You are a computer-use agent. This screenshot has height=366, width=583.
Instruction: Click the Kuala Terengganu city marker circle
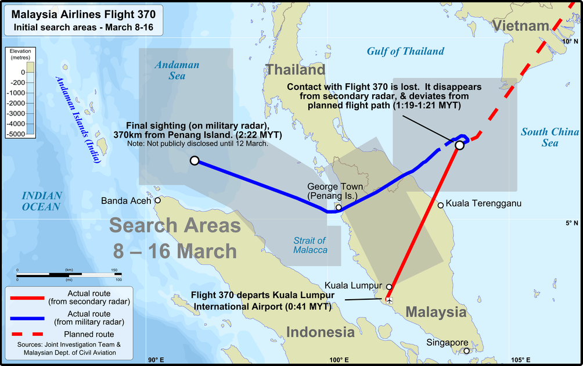pos(441,204)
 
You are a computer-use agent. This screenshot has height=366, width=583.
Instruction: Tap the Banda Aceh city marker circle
pos(157,200)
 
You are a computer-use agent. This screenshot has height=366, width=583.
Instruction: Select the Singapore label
pos(447,342)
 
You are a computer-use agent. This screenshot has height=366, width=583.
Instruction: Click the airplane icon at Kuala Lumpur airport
pos(389,300)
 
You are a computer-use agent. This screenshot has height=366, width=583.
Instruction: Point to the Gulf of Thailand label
pos(405,51)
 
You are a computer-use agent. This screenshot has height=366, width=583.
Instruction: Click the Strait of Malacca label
pos(310,245)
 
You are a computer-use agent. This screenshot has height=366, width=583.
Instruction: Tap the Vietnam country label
pos(521,26)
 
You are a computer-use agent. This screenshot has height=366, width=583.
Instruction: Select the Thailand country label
pos(296,70)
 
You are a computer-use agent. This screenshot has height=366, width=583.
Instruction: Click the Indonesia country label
pos(320,332)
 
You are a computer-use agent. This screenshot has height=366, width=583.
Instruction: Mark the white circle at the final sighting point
pos(195,160)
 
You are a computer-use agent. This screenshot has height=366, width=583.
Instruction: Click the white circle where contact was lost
pos(459,145)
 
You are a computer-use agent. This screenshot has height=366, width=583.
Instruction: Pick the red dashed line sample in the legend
pos(27,334)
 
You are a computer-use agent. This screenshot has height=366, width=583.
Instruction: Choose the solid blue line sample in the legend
pos(27,318)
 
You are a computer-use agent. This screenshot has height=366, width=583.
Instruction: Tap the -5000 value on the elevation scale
pos(16,134)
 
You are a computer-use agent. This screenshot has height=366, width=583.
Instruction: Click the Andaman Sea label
pos(177,70)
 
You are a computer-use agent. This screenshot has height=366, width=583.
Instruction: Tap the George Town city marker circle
pos(339,207)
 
